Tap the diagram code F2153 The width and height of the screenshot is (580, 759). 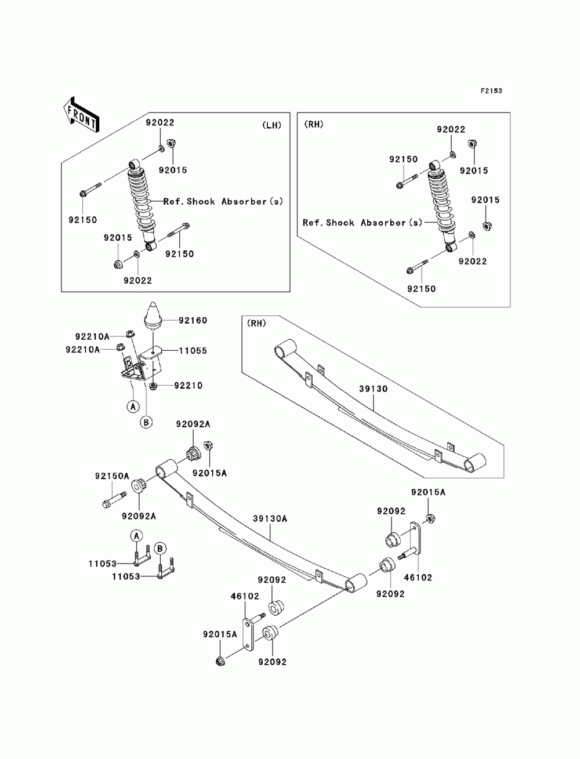tap(491, 91)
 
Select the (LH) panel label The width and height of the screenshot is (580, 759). tap(271, 125)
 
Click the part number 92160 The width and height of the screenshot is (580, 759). tap(193, 321)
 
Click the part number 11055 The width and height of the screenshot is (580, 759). tap(193, 351)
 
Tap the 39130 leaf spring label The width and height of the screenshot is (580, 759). tap(373, 388)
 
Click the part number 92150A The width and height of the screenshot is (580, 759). tap(112, 476)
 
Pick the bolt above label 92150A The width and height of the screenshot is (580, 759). tap(114, 500)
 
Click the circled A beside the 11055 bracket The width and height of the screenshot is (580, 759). tap(133, 406)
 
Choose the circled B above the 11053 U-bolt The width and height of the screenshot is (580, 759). tap(159, 549)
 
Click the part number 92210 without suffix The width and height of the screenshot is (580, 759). tap(188, 386)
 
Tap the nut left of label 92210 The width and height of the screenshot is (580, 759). tap(153, 386)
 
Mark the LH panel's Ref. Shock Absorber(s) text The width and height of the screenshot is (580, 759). tap(223, 201)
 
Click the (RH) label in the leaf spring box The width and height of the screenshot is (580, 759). tap(256, 324)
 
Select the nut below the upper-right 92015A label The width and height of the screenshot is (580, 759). tap(430, 518)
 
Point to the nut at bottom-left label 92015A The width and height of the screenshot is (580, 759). tap(220, 662)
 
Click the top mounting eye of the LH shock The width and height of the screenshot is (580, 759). tap(134, 164)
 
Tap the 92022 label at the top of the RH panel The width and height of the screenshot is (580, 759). tap(451, 129)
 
